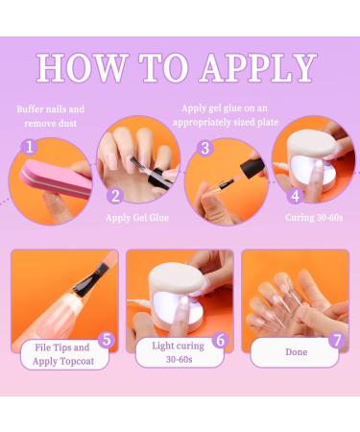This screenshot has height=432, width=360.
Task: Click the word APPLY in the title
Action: click(x=258, y=68)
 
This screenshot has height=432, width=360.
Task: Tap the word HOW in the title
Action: click(x=83, y=68)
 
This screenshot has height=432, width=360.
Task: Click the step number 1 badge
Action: click(x=30, y=147)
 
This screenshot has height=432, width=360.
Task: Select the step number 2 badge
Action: click(x=115, y=195)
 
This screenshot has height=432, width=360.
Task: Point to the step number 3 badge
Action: click(x=205, y=148)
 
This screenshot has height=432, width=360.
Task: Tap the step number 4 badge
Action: click(x=296, y=196)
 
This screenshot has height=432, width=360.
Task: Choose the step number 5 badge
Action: click(x=107, y=340)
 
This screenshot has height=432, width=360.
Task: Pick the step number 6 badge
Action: click(x=221, y=340)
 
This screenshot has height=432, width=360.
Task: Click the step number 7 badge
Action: click(x=337, y=340)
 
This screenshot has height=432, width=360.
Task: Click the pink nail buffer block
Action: click(x=56, y=179)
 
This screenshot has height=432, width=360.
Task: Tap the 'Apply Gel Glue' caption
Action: click(x=137, y=218)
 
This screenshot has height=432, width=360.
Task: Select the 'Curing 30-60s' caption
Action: click(x=314, y=218)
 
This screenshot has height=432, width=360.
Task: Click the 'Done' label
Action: click(x=297, y=352)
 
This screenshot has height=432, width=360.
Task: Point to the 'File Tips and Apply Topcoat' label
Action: click(x=63, y=354)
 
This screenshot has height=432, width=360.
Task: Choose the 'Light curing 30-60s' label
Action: click(x=179, y=352)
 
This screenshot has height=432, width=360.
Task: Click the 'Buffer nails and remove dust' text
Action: click(x=51, y=116)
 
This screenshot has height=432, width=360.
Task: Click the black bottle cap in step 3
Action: click(x=253, y=166)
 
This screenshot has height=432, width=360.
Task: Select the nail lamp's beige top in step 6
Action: click(x=177, y=277)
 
